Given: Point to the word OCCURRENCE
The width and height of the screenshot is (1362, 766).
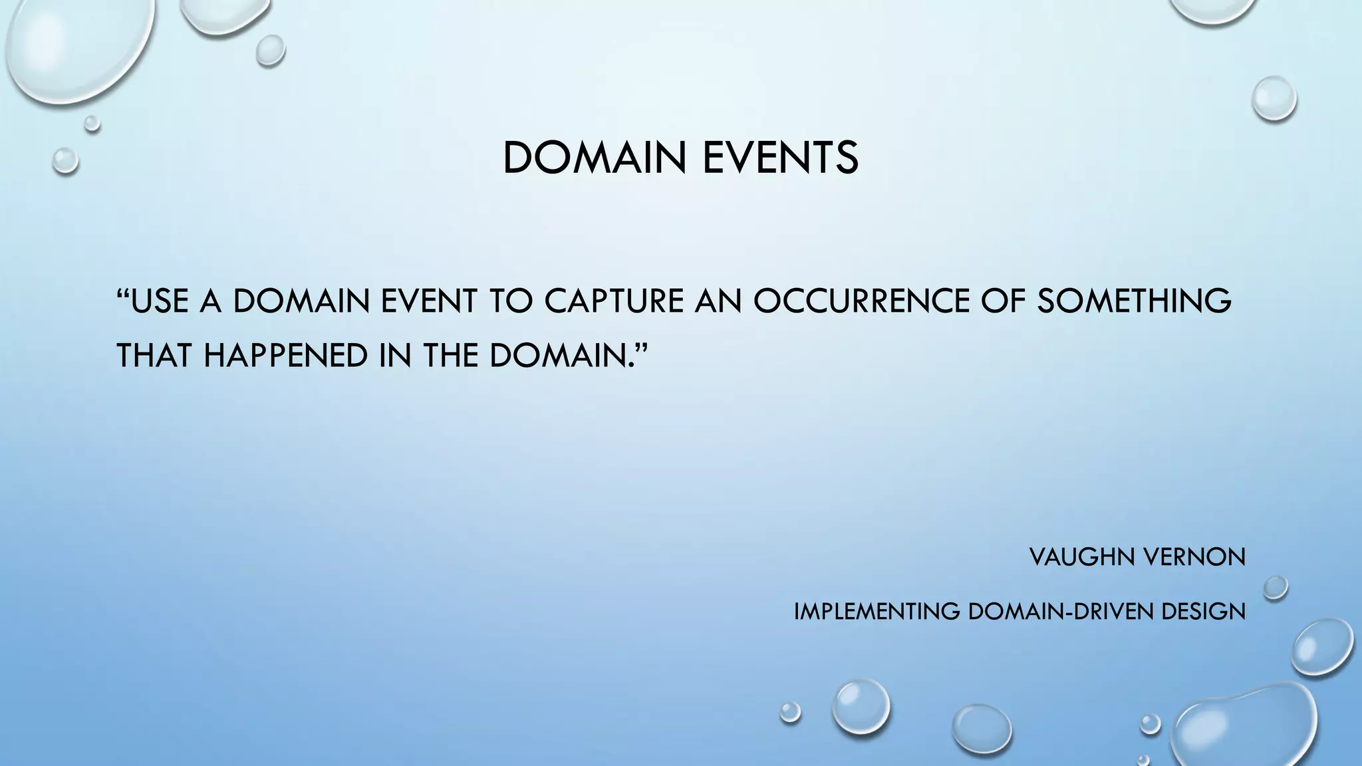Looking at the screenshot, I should click(862, 301).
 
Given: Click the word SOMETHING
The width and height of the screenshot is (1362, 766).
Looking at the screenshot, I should click(1133, 301).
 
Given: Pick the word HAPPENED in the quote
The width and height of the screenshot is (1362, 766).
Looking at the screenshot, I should click(285, 355).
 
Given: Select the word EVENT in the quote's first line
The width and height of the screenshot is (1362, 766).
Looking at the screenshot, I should click(429, 301).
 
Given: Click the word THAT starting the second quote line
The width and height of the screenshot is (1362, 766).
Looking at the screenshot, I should click(154, 355).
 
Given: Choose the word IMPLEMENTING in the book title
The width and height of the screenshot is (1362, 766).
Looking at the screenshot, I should click(877, 611).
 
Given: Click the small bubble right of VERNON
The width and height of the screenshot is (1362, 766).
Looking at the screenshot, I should click(1275, 588).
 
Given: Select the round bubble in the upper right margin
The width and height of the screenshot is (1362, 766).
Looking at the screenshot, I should click(1274, 99).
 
